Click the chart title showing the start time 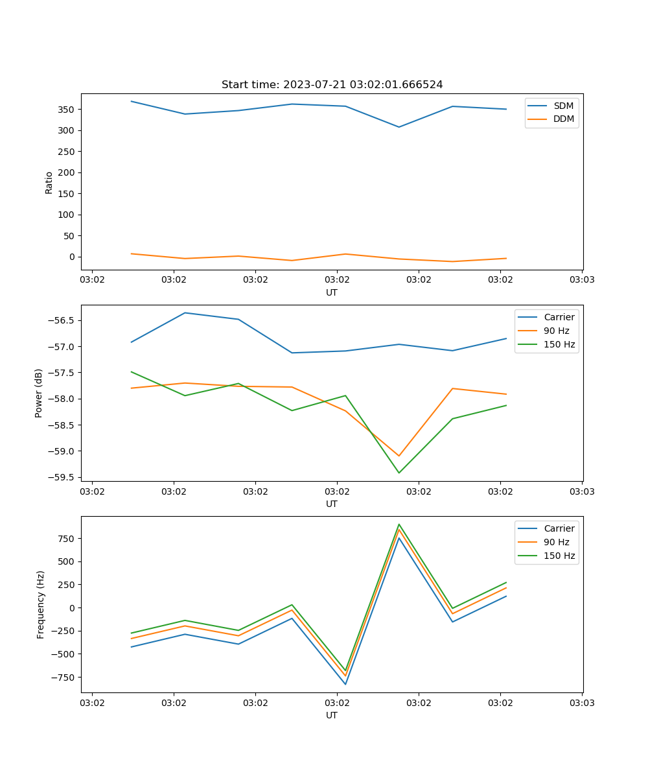[332, 85]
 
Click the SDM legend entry [563, 106]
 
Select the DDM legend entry [564, 119]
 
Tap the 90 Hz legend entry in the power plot [556, 331]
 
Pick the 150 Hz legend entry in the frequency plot [559, 556]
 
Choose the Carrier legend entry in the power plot [559, 317]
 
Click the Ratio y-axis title [49, 183]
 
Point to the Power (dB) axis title [39, 393]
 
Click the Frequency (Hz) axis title [41, 604]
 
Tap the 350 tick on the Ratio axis [65, 110]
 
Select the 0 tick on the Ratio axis [71, 257]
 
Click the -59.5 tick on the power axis [61, 478]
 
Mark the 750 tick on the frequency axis [65, 538]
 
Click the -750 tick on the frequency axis [63, 678]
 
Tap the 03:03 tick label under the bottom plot [581, 702]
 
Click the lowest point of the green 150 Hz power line [399, 473]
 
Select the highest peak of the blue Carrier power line [185, 312]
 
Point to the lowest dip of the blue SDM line [399, 127]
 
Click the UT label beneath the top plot [332, 292]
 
